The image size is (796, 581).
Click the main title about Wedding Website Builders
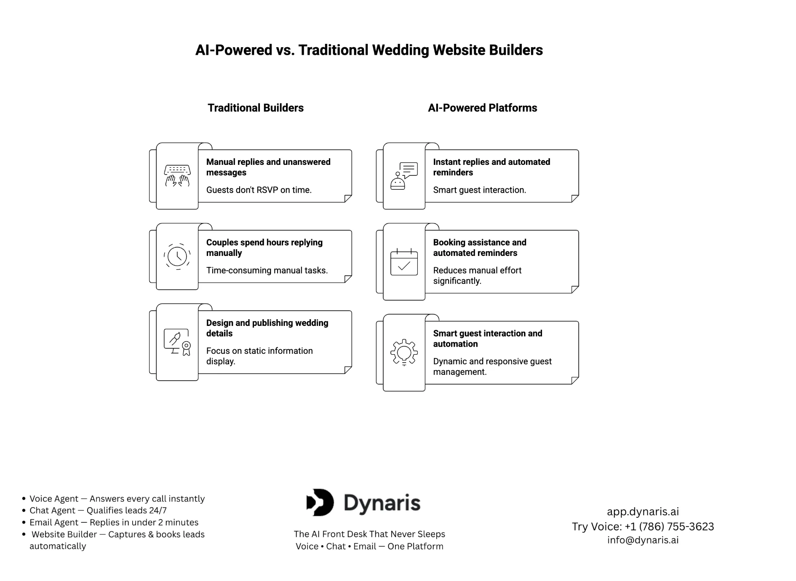click(369, 50)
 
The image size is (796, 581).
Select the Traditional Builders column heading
click(255, 108)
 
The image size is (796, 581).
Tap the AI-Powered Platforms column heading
click(482, 108)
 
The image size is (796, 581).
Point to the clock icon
click(177, 256)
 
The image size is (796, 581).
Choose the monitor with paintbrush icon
click(177, 342)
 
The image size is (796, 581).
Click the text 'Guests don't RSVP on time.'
click(259, 190)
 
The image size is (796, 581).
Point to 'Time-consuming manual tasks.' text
click(267, 270)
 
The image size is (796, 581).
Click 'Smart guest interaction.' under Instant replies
click(479, 190)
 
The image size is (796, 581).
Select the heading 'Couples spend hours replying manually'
click(264, 247)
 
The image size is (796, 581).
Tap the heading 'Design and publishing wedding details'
click(267, 328)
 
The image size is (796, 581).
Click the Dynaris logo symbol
click(321, 503)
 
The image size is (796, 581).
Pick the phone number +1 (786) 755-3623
click(669, 527)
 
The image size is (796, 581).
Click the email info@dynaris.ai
click(643, 540)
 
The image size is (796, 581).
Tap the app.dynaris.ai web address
click(643, 512)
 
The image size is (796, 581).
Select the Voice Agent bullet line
click(117, 499)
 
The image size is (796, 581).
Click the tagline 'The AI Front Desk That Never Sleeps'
click(369, 534)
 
